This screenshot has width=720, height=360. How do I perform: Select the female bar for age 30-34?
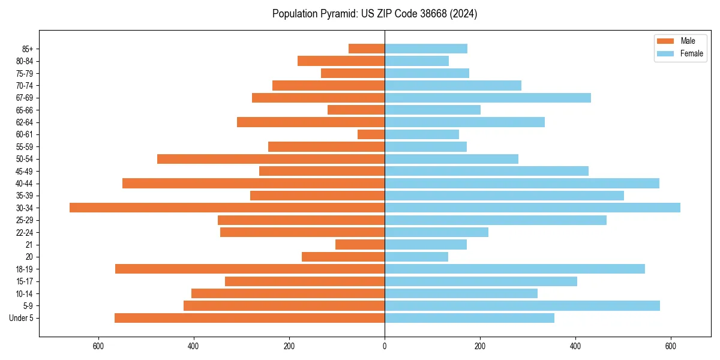(x=532, y=208)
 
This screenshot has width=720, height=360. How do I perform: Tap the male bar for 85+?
(x=367, y=49)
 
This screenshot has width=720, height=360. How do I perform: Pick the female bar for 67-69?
(x=487, y=98)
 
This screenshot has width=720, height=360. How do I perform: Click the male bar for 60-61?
(x=371, y=134)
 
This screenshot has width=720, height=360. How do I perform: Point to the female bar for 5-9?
(x=522, y=305)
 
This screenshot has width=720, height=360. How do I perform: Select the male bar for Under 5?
(x=250, y=318)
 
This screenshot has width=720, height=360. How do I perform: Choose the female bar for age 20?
(x=416, y=257)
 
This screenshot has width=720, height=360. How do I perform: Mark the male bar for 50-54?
(x=271, y=159)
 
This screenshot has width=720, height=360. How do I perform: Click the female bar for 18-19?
(x=515, y=269)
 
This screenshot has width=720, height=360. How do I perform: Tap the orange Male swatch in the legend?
(x=665, y=41)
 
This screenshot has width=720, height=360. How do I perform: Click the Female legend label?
(x=691, y=53)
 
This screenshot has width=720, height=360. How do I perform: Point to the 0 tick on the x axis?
(x=385, y=346)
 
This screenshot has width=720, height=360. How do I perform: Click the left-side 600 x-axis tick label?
(x=98, y=346)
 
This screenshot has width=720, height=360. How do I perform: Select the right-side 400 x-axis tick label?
(x=575, y=346)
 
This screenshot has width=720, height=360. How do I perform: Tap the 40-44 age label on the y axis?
(x=25, y=184)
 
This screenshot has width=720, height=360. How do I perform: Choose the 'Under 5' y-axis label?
(x=22, y=318)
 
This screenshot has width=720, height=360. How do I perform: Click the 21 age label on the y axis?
(x=29, y=245)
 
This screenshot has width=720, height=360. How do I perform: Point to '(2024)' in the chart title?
(x=465, y=14)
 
